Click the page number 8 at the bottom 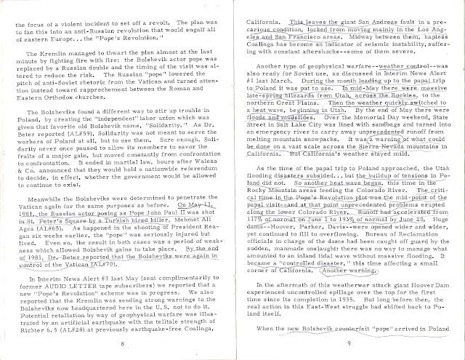tap(126, 343)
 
